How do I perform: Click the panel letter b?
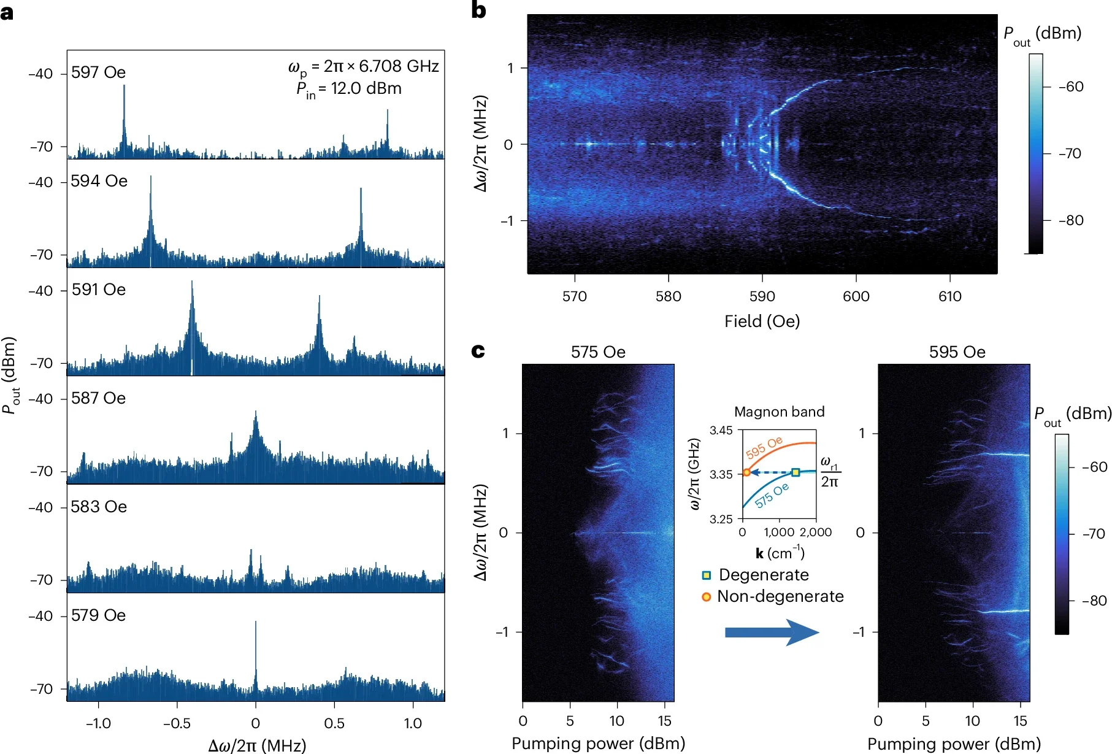click(478, 10)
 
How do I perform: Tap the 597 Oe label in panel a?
click(98, 72)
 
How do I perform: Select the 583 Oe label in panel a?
click(99, 507)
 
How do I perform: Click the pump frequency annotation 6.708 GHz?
click(399, 66)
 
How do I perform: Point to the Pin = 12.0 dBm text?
click(349, 90)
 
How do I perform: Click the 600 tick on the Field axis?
click(856, 296)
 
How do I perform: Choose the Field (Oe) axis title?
click(762, 321)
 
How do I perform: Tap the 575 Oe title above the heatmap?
click(598, 352)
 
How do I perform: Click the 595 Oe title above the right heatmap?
click(957, 352)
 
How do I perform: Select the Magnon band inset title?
click(779, 412)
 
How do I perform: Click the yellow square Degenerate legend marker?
click(706, 575)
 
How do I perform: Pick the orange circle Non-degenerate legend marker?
click(706, 596)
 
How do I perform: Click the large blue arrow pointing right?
click(772, 633)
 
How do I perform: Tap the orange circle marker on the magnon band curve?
click(746, 472)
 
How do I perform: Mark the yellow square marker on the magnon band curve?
click(796, 472)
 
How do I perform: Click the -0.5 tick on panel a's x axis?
click(177, 723)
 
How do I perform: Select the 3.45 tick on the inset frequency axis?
click(721, 430)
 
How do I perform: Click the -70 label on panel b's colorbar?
click(1070, 153)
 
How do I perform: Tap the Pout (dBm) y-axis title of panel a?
click(10, 375)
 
